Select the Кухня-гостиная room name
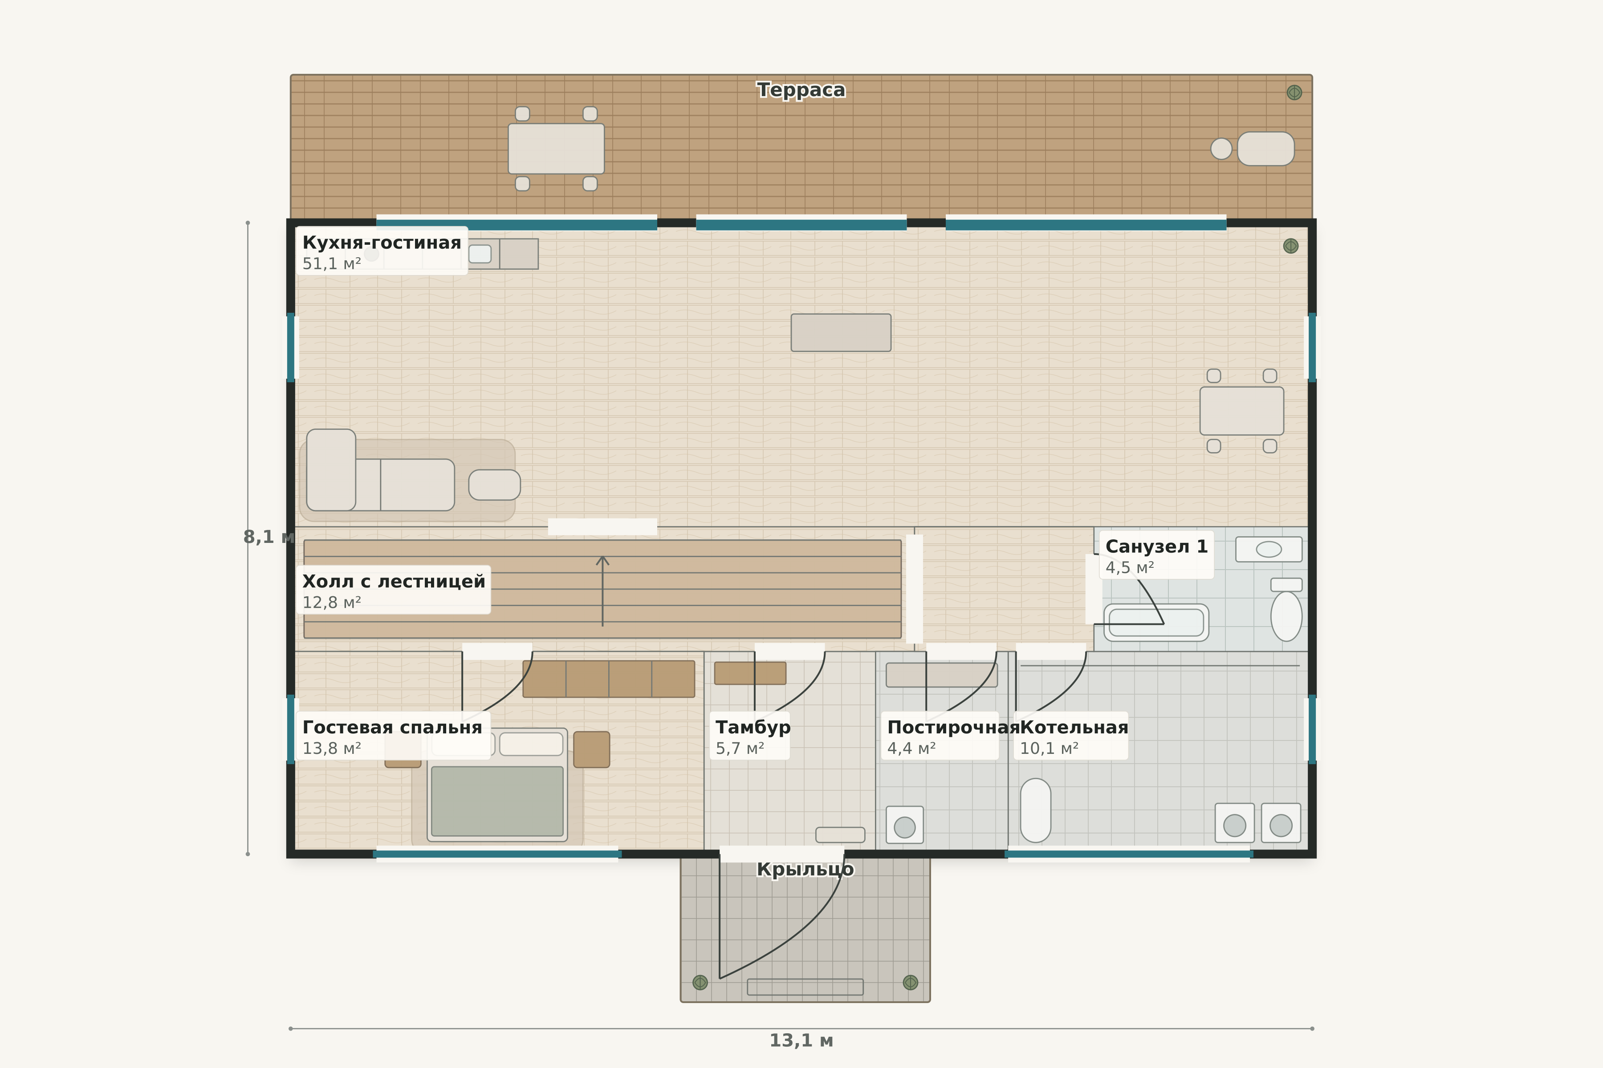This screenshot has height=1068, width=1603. (x=382, y=243)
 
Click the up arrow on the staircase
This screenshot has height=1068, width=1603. (x=602, y=591)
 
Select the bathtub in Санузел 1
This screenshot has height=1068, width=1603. (x=1156, y=623)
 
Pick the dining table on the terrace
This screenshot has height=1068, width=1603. (x=556, y=149)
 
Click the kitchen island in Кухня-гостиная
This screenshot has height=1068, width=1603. (x=841, y=332)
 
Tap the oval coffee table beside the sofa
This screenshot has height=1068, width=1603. (x=494, y=485)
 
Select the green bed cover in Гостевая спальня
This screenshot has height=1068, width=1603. (x=497, y=801)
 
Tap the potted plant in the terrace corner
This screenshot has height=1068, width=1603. (x=1294, y=93)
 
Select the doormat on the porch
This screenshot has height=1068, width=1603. (x=805, y=987)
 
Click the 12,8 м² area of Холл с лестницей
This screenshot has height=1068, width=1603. (x=331, y=603)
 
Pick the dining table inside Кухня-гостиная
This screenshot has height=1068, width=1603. (x=1242, y=411)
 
